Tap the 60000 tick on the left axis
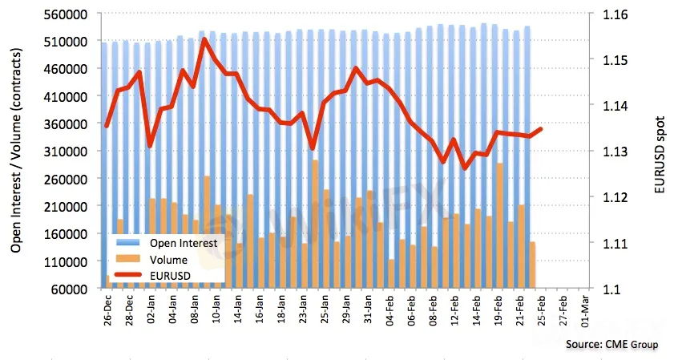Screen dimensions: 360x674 pyautogui.click(x=72, y=289)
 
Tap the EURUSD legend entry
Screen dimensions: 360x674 pyautogui.click(x=171, y=274)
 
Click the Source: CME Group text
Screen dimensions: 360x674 pyautogui.click(x=612, y=345)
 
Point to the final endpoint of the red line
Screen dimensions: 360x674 pyautogui.click(x=541, y=128)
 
